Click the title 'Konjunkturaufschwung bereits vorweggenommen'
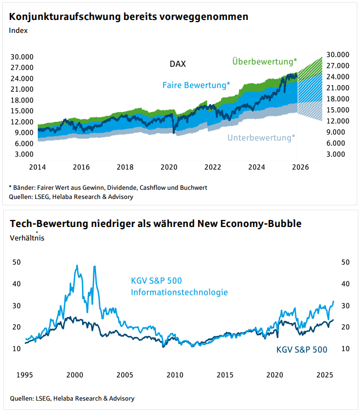pos(128,17)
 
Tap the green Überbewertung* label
pos(264,61)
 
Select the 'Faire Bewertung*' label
pos(196,85)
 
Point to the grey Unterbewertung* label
pos(261,137)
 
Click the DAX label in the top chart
pos(178,64)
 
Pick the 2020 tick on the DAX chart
pos(169,167)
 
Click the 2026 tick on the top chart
pos(300,167)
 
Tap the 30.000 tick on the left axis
pos(23,57)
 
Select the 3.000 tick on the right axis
pos(337,154)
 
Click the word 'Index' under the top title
pos(18,30)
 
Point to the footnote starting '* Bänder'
pos(108,188)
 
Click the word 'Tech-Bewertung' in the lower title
pos(42,223)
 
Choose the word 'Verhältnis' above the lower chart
pos(27,237)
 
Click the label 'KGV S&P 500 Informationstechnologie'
pos(179,286)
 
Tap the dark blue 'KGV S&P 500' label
pos(301,349)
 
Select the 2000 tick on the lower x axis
pos(74,374)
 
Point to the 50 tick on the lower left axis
pos(16,261)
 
